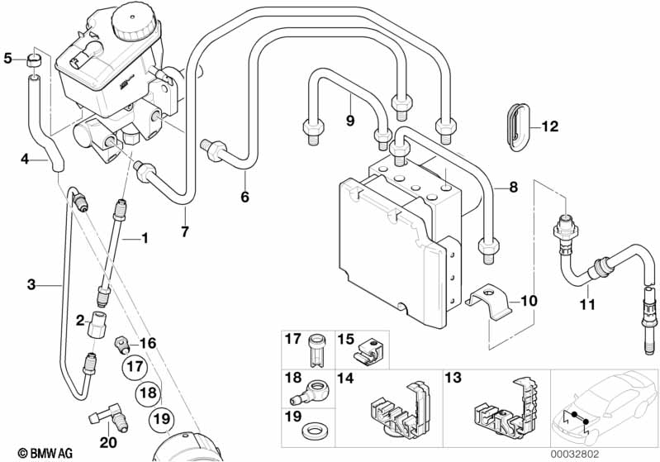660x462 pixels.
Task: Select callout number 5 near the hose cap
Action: [8, 58]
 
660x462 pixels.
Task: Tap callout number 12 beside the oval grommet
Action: [550, 126]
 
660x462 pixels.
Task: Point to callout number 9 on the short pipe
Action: [350, 121]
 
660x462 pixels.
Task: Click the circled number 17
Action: [135, 365]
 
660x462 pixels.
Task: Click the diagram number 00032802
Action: [632, 453]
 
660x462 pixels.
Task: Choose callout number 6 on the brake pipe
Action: [245, 198]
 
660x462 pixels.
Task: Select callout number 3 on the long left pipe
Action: [31, 285]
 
